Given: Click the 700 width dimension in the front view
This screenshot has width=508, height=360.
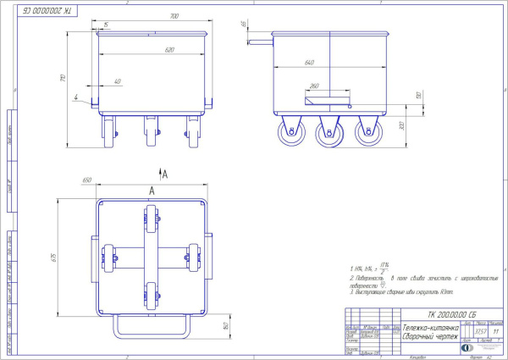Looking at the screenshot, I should tap(174, 15).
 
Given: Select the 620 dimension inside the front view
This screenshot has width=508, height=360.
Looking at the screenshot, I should tap(168, 50).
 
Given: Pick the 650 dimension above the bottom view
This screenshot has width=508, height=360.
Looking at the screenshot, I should tap(86, 180).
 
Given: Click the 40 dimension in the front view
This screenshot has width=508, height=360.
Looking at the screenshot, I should tap(116, 82).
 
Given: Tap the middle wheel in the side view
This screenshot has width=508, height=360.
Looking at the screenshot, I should tap(327, 132).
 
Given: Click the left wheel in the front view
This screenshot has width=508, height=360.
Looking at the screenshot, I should tap(110, 131).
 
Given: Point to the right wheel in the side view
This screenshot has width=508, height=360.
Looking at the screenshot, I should tap(367, 132).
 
